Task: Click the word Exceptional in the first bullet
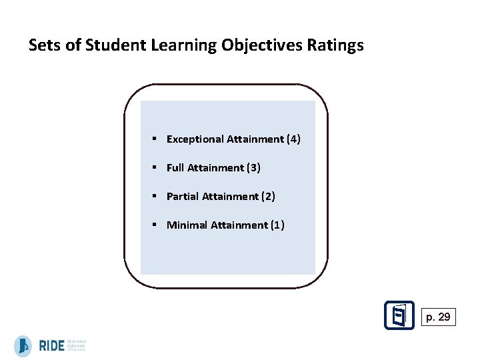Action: click(195, 139)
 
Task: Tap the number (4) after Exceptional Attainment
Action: click(293, 139)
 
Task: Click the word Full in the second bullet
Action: click(175, 168)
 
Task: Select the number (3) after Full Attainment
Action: click(253, 168)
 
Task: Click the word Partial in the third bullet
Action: click(182, 197)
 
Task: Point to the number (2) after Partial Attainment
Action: click(267, 197)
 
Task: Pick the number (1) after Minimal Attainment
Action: click(277, 225)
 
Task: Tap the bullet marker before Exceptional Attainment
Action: click(153, 139)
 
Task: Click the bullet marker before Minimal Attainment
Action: click(153, 225)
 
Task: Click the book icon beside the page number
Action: click(399, 315)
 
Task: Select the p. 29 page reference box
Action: click(438, 317)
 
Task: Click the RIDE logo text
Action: click(51, 346)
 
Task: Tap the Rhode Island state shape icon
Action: click(23, 346)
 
